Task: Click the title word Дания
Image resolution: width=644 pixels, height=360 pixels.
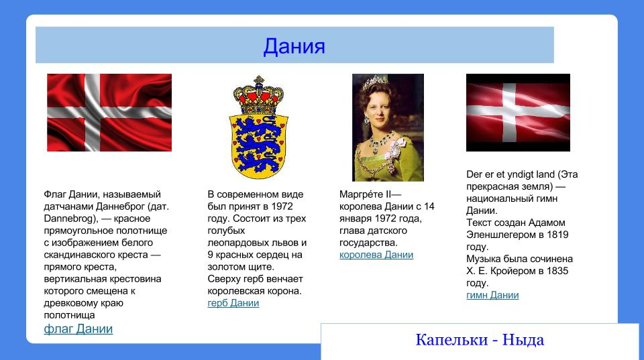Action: pos(294,46)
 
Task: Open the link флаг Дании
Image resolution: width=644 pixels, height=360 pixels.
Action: pos(78,329)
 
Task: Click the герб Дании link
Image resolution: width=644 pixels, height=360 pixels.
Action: pos(233,303)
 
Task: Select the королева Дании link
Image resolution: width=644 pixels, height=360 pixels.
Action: pos(376,255)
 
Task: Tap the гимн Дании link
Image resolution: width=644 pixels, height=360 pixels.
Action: pos(492,295)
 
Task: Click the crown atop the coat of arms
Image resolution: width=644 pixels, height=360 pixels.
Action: pos(258,97)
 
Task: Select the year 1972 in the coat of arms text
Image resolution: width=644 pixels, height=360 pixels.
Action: pos(280,206)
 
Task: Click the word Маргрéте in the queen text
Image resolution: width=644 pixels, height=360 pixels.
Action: pos(360,194)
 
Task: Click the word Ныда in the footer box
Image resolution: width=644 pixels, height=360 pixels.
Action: pos(523,340)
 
